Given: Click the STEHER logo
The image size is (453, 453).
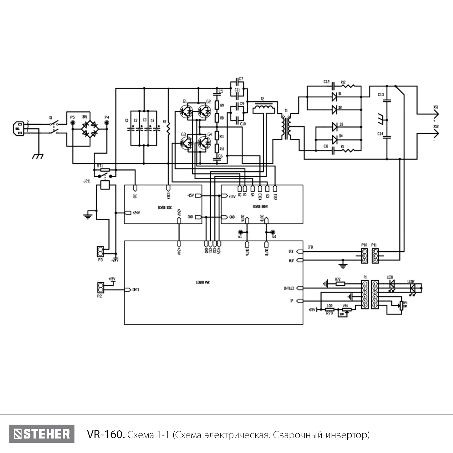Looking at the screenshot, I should (x=42, y=434).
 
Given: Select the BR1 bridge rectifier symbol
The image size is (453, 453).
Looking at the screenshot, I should (x=90, y=129).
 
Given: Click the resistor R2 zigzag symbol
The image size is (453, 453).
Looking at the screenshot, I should (x=168, y=129).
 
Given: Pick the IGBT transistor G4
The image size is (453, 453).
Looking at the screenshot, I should (x=205, y=143).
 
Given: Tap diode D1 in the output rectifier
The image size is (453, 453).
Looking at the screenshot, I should (x=334, y=97).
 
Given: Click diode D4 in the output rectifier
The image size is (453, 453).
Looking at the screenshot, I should (x=334, y=140).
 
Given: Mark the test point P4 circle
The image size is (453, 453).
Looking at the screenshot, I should (x=107, y=123).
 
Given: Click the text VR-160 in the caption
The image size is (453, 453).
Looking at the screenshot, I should (x=106, y=435).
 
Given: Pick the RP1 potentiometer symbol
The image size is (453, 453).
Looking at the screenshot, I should (x=401, y=306).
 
